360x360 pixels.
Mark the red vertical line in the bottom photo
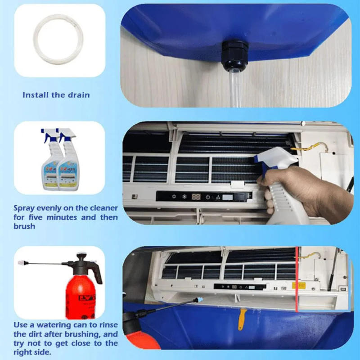point(297,279)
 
